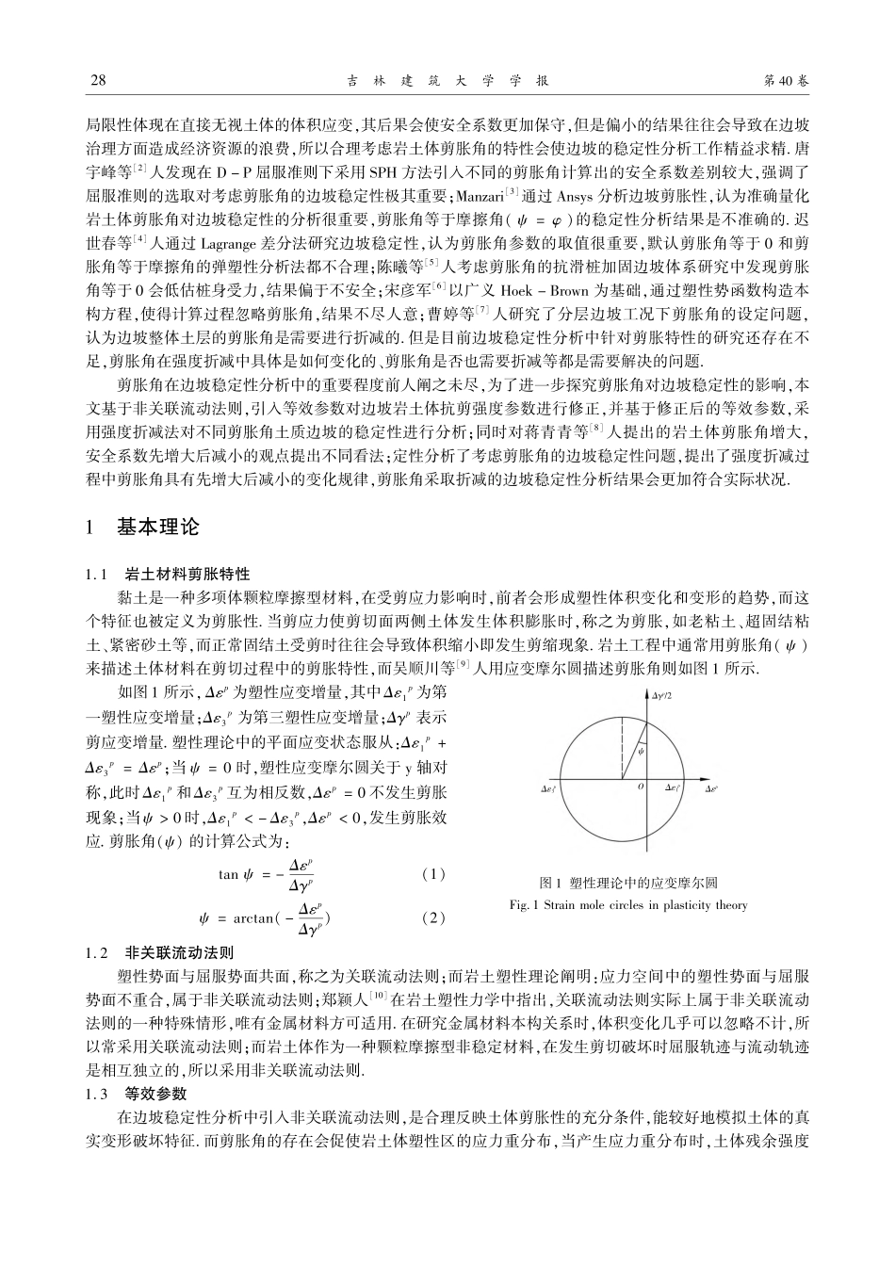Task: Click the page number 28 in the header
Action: [96, 81]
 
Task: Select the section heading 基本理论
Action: [158, 527]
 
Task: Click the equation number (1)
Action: [433, 874]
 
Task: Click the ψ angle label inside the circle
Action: [641, 752]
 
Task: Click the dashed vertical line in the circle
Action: [623, 743]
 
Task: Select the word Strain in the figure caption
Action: [560, 905]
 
